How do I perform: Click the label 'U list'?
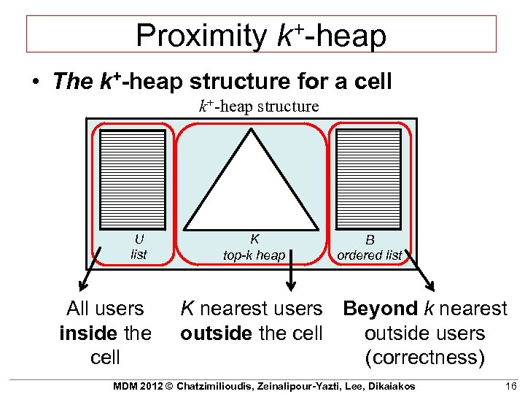pos(138,247)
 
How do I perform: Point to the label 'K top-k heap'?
pos(254,247)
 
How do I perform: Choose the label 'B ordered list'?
pos(370,247)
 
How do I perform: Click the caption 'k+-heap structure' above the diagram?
pos(259,107)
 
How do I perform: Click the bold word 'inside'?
pos(89,333)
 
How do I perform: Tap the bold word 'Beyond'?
pos(380,309)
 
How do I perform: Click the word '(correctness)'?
pos(424,358)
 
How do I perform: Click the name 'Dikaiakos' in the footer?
pos(389,385)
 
